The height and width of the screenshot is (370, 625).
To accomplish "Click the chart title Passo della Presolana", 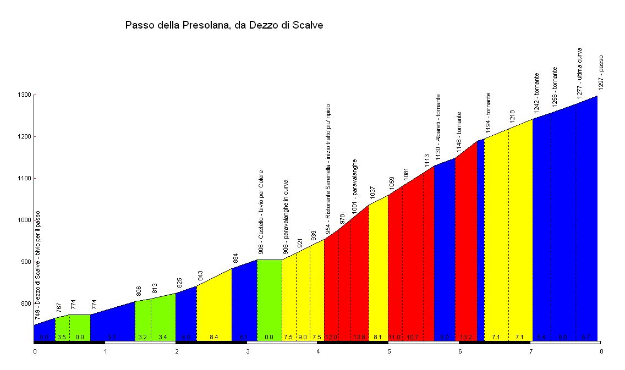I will (224, 25).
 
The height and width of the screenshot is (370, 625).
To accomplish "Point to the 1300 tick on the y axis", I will (24, 95).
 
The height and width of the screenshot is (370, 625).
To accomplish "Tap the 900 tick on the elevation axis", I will (25, 262).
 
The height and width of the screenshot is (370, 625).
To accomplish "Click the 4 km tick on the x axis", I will (318, 350).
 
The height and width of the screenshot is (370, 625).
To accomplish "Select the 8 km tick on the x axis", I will (601, 350).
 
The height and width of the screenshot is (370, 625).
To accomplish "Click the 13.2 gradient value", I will (466, 337).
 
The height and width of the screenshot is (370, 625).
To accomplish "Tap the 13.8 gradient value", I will (359, 337).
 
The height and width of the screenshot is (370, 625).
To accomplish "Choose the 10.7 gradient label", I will (413, 337).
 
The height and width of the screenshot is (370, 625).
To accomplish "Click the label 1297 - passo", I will (601, 72).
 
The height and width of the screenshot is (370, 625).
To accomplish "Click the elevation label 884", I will (235, 258).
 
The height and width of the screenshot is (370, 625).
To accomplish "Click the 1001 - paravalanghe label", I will (355, 186).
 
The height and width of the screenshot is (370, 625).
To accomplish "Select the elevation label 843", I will (201, 275).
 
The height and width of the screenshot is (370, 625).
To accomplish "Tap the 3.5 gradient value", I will (62, 337).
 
